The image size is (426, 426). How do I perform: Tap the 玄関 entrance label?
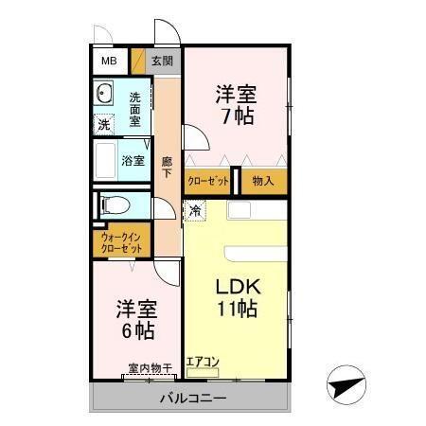162,62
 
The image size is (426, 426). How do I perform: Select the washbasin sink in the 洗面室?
104,96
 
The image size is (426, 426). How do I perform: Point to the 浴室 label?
133,161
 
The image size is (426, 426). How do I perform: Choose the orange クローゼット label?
207,180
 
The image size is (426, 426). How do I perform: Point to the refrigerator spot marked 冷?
195,211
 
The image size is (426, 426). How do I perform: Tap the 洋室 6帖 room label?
136,320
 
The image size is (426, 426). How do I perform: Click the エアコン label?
203,361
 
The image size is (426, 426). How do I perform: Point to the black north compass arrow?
346,387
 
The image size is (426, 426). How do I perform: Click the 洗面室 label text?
135,108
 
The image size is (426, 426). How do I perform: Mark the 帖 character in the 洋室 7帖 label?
244,117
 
